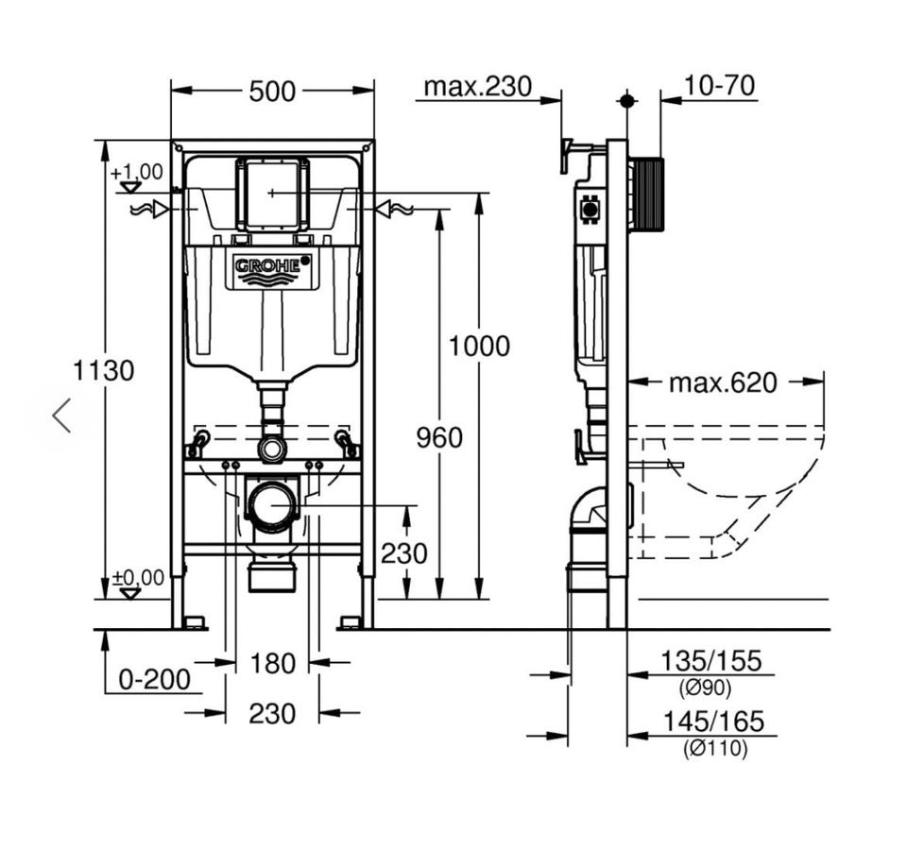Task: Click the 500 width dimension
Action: (272, 92)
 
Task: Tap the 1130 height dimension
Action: (104, 370)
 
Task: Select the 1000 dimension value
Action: (479, 347)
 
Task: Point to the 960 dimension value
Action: (439, 437)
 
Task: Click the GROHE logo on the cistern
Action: (267, 266)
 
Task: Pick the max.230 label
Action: (477, 86)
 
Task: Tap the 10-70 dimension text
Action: (719, 86)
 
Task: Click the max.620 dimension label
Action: (723, 382)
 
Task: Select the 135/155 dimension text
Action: (710, 661)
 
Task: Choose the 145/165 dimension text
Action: (713, 722)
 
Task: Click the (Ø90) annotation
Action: (705, 688)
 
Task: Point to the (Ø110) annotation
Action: (715, 749)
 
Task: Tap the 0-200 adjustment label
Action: (154, 679)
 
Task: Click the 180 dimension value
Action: (272, 663)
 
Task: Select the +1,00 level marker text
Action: (136, 172)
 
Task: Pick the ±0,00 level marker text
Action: (138, 577)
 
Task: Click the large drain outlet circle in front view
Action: (272, 504)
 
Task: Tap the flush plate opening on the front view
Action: (272, 193)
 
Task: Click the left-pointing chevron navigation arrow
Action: (61, 416)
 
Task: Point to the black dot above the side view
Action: (626, 101)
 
